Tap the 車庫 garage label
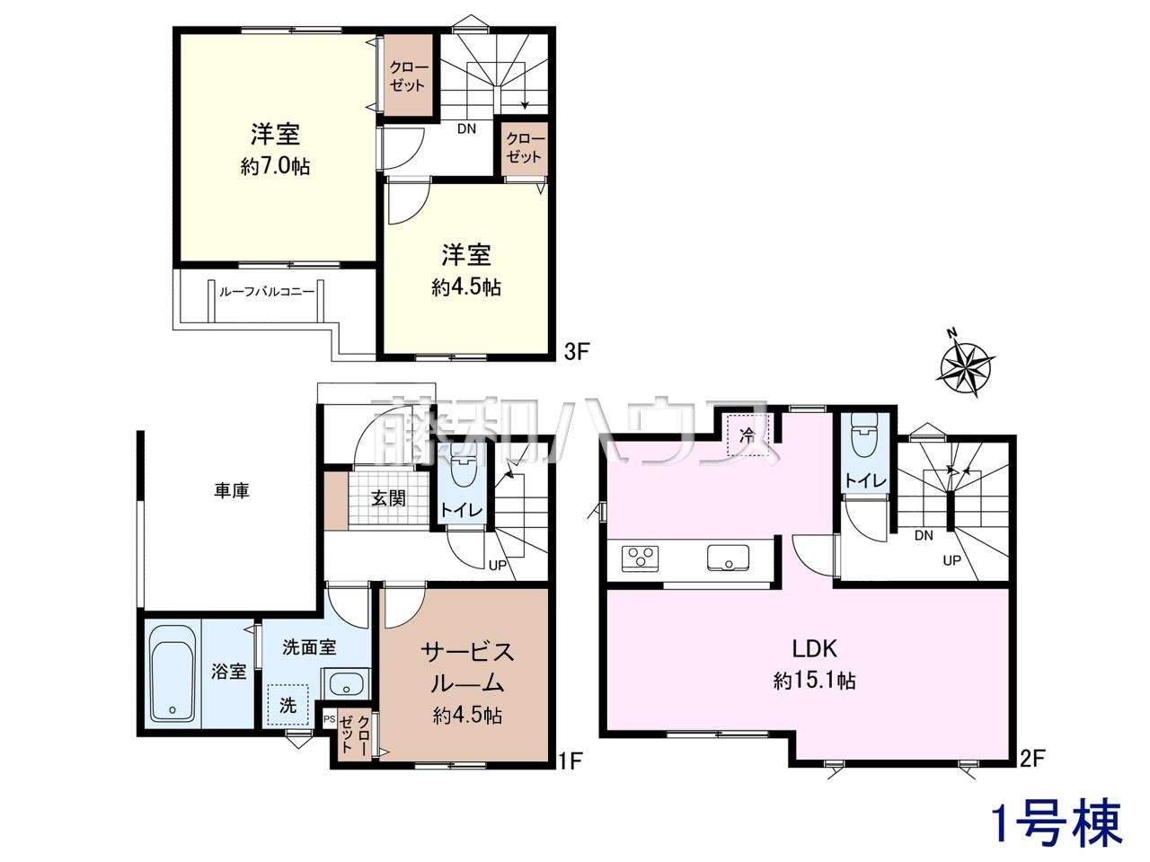point(232,491)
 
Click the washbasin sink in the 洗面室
point(345,683)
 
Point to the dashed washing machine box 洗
point(287,705)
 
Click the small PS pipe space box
point(329,719)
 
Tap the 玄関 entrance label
point(388,498)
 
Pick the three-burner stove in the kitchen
point(640,558)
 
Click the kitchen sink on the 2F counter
point(729,558)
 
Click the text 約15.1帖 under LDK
point(814,681)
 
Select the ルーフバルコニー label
point(267,292)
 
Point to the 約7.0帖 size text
point(275,166)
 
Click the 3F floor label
point(576,352)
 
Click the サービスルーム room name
point(467,668)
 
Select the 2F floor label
point(1032,773)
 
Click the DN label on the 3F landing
point(466,128)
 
